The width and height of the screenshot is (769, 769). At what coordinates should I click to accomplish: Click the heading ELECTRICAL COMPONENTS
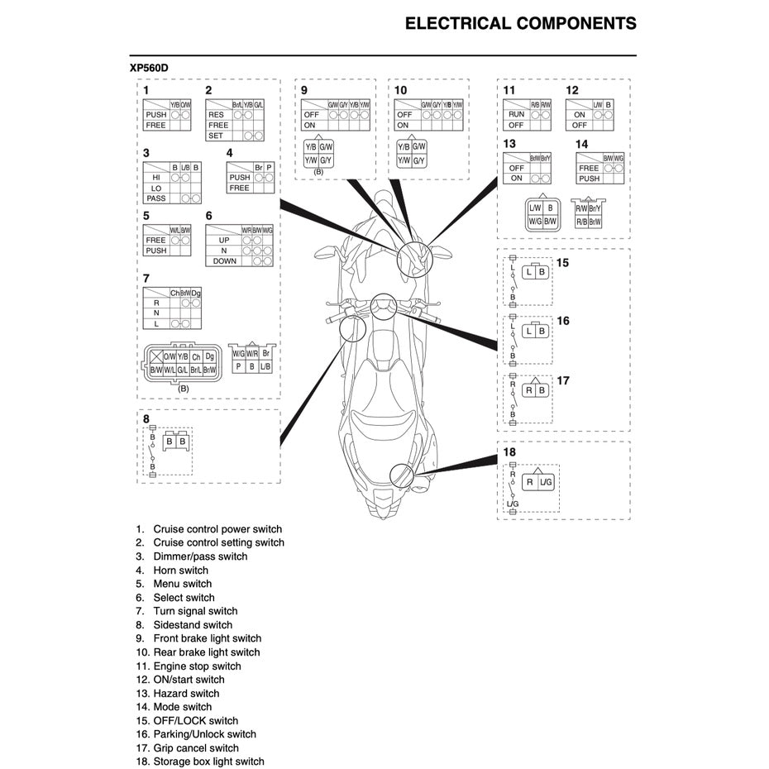pos(520,23)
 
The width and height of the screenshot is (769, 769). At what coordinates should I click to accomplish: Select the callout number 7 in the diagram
pos(146,278)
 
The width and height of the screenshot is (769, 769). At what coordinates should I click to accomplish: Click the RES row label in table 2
pos(216,115)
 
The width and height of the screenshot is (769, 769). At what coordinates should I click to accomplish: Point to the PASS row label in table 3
pos(155,198)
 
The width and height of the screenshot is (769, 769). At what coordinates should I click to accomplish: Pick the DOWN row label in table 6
pos(224,260)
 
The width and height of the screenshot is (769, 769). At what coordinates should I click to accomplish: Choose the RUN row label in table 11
pos(516,115)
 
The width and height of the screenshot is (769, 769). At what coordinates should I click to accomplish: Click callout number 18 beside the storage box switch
pos(509,452)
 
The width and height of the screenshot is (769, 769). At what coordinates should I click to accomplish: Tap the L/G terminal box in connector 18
pos(546,481)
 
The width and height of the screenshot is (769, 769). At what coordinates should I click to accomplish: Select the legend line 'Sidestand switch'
pos(193,625)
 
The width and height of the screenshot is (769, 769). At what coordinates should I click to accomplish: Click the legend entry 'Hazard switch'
pos(186,694)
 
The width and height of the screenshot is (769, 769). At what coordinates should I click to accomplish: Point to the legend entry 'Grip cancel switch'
pos(196,748)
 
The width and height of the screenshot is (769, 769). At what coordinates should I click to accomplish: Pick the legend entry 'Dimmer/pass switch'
pos(200,556)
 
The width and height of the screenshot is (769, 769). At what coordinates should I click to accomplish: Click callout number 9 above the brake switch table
pos(304,90)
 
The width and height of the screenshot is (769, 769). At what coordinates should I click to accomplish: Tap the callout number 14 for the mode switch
pos(582,144)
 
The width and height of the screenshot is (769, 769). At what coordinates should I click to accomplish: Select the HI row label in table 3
pos(155,177)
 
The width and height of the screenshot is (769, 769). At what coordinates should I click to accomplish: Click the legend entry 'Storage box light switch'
pos(208,762)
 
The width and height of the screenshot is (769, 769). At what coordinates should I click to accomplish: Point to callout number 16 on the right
pos(563,320)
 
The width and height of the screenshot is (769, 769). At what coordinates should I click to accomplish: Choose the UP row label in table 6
pos(224,240)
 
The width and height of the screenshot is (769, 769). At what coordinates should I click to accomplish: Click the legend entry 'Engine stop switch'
pos(197,666)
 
